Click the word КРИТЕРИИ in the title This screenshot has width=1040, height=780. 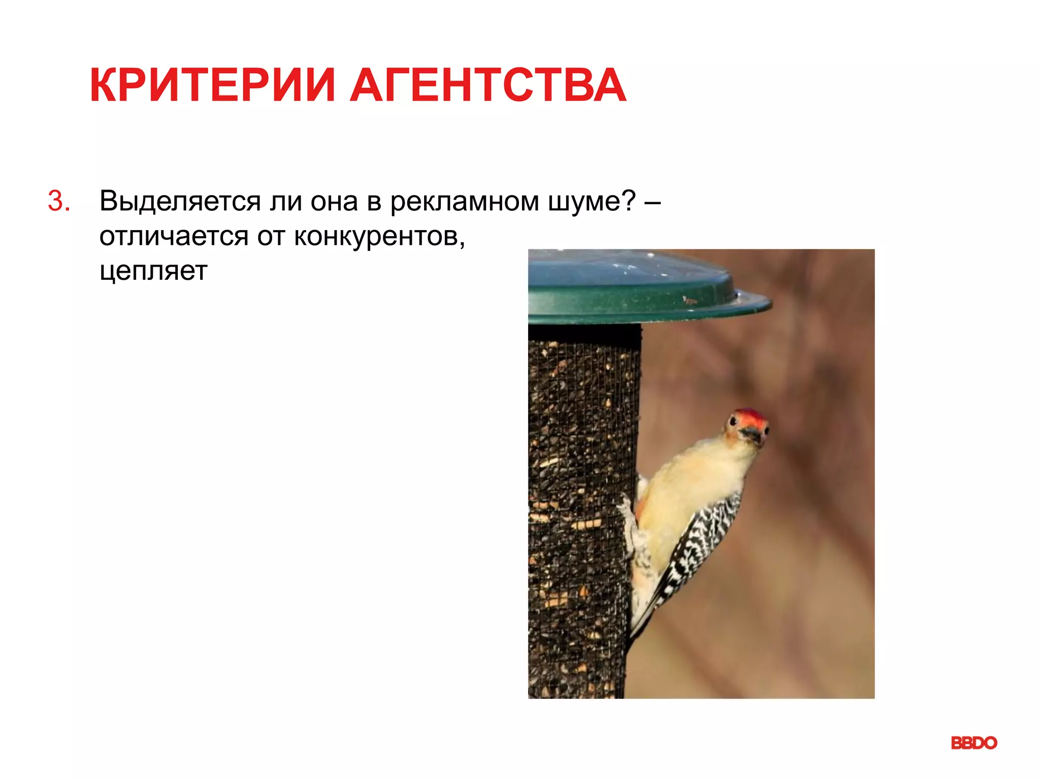click(212, 85)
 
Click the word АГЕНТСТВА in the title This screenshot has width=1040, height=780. click(487, 85)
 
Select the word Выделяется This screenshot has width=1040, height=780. click(180, 201)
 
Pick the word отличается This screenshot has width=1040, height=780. click(174, 236)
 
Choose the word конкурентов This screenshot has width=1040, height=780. click(379, 237)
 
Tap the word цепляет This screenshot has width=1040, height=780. click(153, 271)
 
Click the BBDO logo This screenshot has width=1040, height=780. click(973, 743)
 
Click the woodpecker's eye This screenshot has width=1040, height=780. click(733, 421)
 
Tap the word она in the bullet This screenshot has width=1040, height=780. click(334, 202)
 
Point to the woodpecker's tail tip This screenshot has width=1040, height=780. click(635, 635)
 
